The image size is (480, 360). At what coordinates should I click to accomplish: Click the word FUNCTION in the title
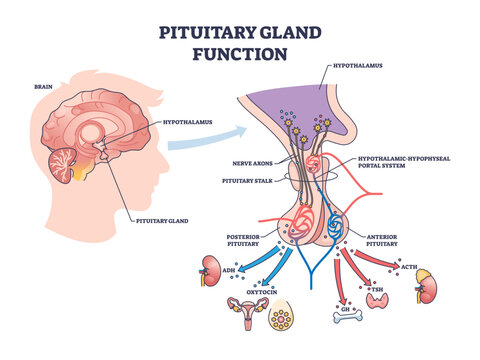241,54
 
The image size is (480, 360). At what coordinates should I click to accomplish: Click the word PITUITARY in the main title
199,30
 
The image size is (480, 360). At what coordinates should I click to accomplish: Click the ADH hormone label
229,270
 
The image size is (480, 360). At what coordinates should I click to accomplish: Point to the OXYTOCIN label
262,291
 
